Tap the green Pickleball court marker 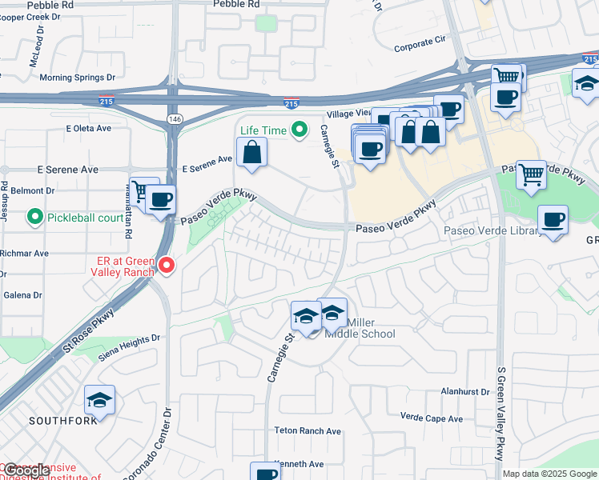pos(35,217)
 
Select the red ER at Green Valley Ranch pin pos(167,264)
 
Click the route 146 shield pos(173,118)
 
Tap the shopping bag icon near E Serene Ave pos(251,151)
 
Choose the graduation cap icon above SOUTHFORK pos(99,399)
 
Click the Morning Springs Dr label pos(78,78)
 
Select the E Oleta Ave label pos(90,128)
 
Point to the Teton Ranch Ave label pos(308,430)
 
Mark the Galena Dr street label pos(22,295)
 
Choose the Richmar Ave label pos(24,253)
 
